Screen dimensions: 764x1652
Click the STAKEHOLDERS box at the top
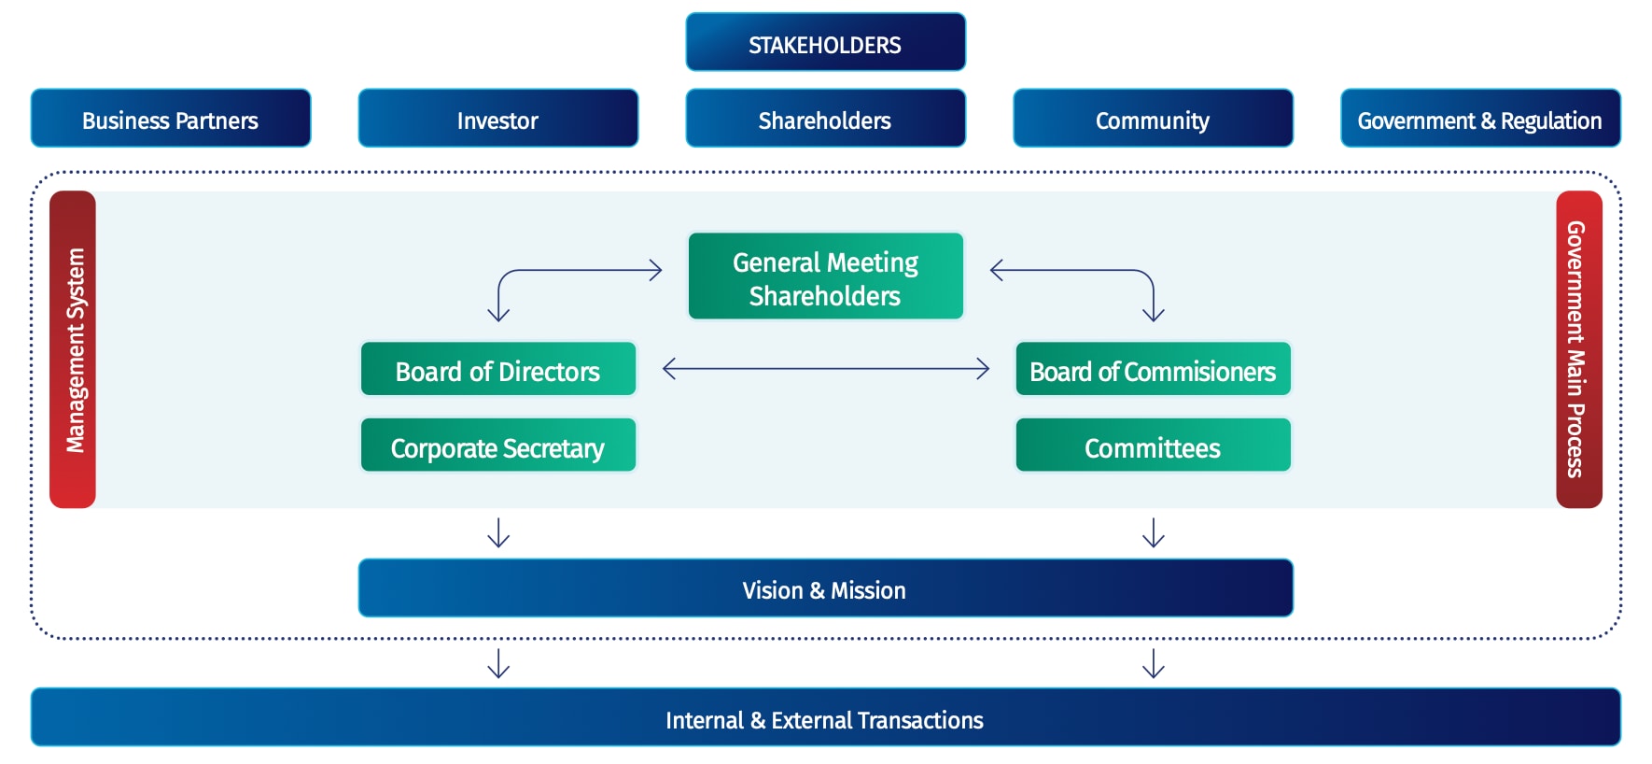tap(825, 43)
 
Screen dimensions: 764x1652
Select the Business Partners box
tap(171, 119)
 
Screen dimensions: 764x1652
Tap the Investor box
tap(497, 119)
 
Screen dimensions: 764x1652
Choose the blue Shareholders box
tap(825, 119)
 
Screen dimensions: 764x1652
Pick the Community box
tap(1153, 119)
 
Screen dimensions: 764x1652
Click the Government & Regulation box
tap(1480, 119)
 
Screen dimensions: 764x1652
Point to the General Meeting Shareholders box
tap(825, 277)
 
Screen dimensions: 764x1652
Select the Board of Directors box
tap(497, 370)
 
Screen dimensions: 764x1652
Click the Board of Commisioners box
tap(1153, 370)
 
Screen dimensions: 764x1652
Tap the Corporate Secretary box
tap(497, 446)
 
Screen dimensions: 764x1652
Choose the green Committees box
tap(1153, 446)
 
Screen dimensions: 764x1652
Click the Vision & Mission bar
tap(825, 588)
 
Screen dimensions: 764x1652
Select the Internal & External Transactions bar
tap(825, 718)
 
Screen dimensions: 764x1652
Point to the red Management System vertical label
tap(73, 350)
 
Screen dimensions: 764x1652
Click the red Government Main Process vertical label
tap(1578, 350)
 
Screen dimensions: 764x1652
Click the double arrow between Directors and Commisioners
tap(825, 369)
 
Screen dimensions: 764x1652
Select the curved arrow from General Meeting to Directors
tap(560, 271)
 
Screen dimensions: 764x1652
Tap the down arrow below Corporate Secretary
tap(498, 532)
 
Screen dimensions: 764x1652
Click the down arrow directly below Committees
tap(1154, 532)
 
